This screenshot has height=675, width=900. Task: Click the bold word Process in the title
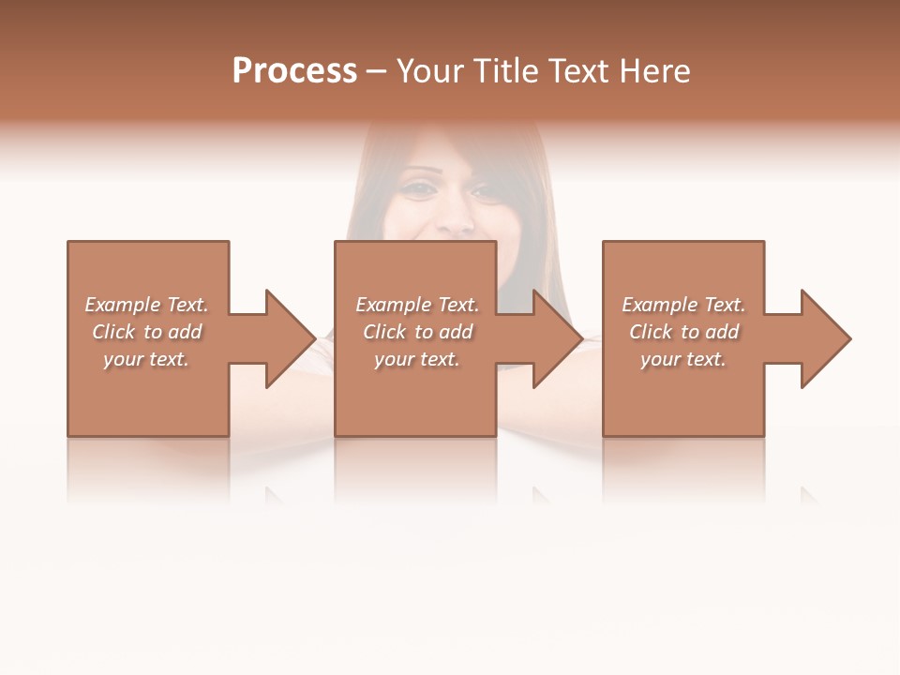294,71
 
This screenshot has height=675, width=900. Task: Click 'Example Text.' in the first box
146,305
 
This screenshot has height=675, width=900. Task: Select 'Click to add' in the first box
146,332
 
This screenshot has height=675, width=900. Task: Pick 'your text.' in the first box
146,359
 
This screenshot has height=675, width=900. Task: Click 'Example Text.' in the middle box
417,305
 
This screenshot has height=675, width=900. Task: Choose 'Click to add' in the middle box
417,332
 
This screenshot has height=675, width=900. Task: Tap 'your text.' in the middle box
417,359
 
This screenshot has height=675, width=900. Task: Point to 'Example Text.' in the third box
683,305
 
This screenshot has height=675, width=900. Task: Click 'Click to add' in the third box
683,332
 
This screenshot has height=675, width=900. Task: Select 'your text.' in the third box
683,359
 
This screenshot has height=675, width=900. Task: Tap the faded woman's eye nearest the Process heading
417,187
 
